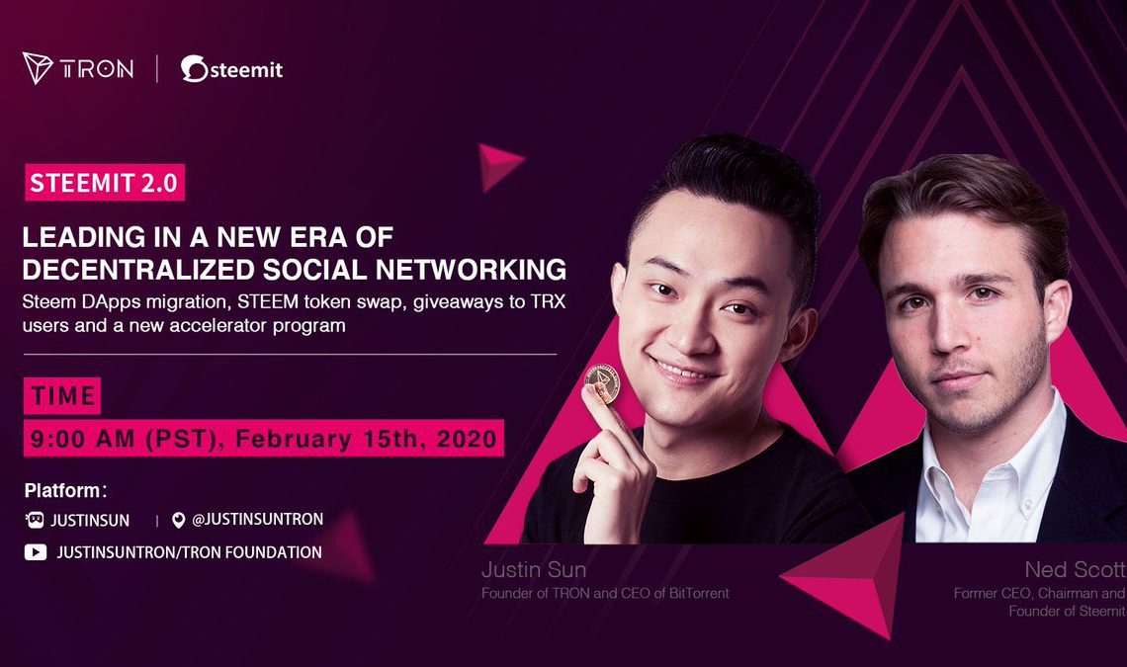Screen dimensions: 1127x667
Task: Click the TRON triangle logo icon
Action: point(38,67)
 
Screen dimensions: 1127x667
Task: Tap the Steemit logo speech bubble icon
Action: point(194,68)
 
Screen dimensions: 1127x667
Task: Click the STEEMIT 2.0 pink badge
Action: point(104,183)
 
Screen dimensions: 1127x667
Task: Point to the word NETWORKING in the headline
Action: point(471,270)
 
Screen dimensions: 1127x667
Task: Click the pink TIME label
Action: point(62,395)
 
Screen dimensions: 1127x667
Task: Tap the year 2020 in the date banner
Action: point(467,439)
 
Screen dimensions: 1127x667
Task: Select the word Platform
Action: point(63,491)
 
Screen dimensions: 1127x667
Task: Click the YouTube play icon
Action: point(36,552)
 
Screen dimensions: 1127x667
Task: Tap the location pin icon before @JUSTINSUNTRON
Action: point(178,521)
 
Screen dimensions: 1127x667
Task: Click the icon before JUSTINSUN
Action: point(35,520)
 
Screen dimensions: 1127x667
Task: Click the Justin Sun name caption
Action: point(534,570)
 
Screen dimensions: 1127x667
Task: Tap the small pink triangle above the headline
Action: point(500,166)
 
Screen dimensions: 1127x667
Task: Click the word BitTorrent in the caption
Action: point(699,594)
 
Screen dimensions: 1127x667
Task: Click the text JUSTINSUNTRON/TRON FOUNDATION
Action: point(189,552)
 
